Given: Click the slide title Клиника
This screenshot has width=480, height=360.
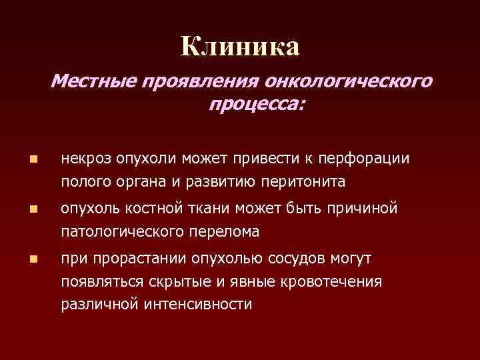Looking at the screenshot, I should coord(240,46).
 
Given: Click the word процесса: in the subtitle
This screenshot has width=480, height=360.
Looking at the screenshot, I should coord(255,105).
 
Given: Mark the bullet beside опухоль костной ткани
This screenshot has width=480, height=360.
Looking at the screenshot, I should coord(33,210).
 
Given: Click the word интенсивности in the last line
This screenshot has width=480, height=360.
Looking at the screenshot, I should coord(197,304).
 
